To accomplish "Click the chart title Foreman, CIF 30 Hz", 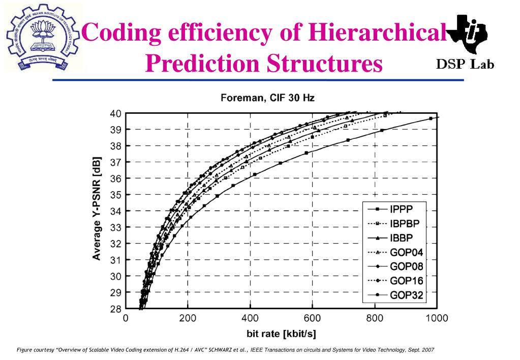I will pos(267,98).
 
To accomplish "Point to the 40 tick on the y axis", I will pos(115,113).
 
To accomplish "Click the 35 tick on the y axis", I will pos(115,195).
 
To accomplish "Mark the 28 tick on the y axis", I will pos(115,309).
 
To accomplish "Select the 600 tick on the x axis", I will pos(312,319).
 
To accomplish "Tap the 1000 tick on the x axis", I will pos(436,319).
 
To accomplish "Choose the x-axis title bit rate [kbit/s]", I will pos(281,334).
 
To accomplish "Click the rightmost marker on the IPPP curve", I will pos(431,118).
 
